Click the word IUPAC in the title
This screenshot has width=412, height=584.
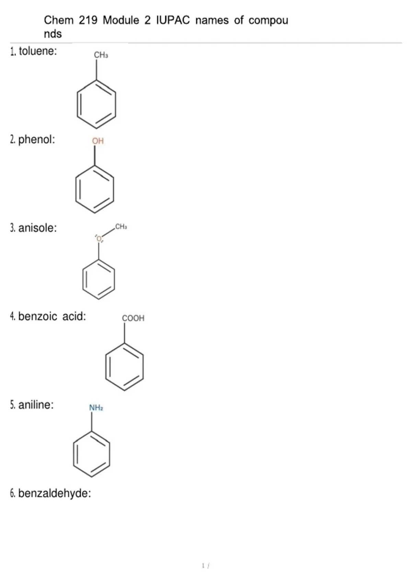(173, 20)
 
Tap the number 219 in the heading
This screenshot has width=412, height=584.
(88, 20)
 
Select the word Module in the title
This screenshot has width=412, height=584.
(121, 20)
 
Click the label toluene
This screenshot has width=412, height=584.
(38, 51)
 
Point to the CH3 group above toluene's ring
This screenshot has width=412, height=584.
(101, 55)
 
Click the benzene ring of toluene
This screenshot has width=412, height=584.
(77, 104)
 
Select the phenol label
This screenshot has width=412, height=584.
(36, 139)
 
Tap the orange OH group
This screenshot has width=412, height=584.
(98, 141)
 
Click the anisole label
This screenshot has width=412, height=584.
(37, 228)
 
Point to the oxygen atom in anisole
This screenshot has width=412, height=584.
(99, 238)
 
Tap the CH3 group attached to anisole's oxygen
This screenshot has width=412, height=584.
(121, 227)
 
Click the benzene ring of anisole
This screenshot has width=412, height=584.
(83, 279)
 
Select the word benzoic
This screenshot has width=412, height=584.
(37, 316)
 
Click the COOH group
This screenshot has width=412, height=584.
(133, 318)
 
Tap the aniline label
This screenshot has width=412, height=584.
(36, 405)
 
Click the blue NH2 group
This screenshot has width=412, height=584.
(96, 407)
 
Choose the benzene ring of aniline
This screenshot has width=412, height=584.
(74, 454)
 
